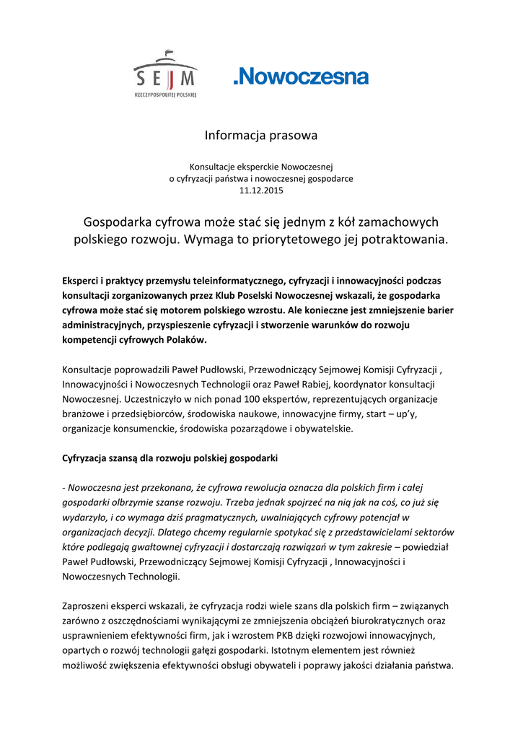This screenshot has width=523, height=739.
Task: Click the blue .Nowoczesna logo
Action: click(300, 76)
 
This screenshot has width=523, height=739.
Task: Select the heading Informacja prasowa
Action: click(260, 135)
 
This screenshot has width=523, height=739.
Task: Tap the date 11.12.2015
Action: click(261, 191)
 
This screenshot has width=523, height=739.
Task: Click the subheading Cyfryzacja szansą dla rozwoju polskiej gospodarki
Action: click(170, 459)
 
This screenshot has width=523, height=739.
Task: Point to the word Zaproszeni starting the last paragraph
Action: click(87, 606)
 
